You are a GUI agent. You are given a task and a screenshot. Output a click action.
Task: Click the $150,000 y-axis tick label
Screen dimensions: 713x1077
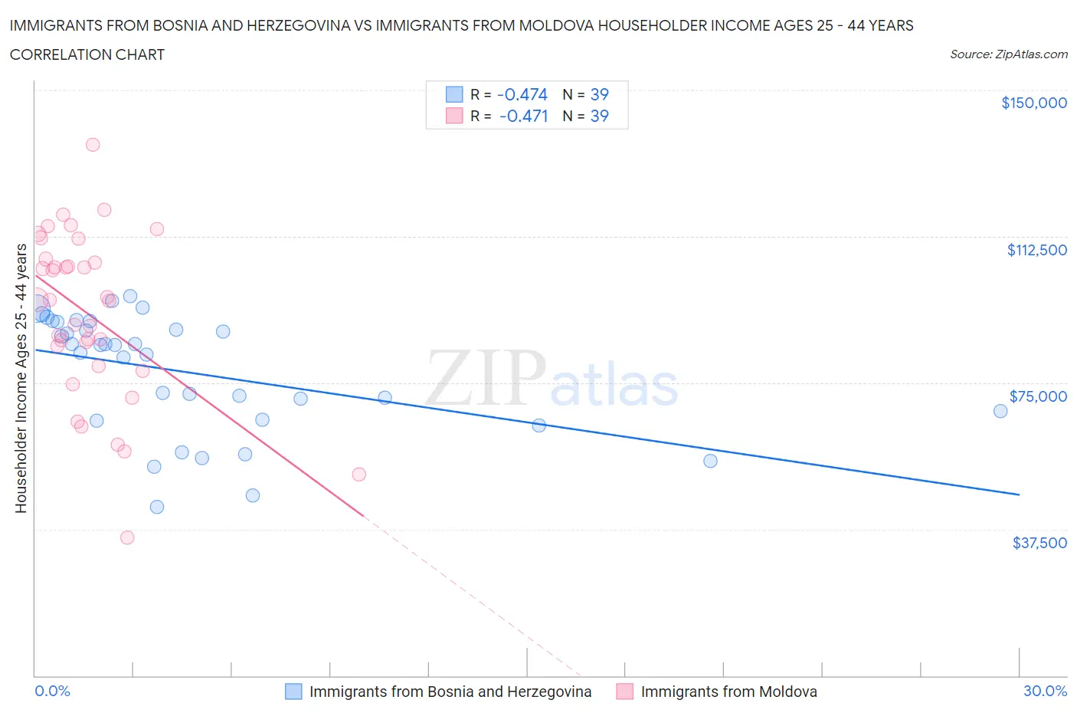click(x=1033, y=103)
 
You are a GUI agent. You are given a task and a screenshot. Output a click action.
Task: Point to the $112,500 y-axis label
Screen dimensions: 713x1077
click(x=1036, y=250)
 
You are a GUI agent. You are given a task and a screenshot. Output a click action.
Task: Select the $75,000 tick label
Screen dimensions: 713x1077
click(x=1038, y=396)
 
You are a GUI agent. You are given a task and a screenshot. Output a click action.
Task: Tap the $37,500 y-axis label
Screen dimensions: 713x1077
click(x=1039, y=543)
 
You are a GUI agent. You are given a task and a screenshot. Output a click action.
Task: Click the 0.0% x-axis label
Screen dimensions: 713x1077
click(x=52, y=691)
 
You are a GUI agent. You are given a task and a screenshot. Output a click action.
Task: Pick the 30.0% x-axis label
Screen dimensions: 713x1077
click(x=1045, y=691)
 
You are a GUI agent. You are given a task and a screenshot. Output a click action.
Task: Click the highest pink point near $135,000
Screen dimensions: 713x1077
click(x=93, y=144)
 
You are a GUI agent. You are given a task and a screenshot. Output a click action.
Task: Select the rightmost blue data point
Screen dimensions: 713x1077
click(x=1000, y=411)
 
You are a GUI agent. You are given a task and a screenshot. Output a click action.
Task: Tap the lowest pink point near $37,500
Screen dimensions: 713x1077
click(x=127, y=537)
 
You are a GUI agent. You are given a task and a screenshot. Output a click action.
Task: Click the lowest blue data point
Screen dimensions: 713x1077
click(x=157, y=507)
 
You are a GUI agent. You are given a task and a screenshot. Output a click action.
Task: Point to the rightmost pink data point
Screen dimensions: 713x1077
click(x=358, y=475)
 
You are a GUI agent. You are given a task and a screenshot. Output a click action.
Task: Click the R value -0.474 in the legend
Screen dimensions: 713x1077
click(x=522, y=94)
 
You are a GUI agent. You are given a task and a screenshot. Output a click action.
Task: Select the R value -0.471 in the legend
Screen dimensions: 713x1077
click(x=523, y=116)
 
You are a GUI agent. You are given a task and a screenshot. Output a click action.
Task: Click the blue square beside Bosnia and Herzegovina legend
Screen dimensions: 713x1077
click(x=293, y=692)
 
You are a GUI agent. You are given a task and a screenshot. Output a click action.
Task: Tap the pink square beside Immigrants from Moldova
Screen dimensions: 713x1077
click(x=625, y=692)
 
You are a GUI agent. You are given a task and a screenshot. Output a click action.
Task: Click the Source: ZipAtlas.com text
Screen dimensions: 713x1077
click(x=1008, y=54)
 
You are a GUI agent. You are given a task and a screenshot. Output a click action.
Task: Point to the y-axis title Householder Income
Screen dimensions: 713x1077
click(x=21, y=378)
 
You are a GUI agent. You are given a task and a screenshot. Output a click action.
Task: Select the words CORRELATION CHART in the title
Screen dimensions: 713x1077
click(x=87, y=54)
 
